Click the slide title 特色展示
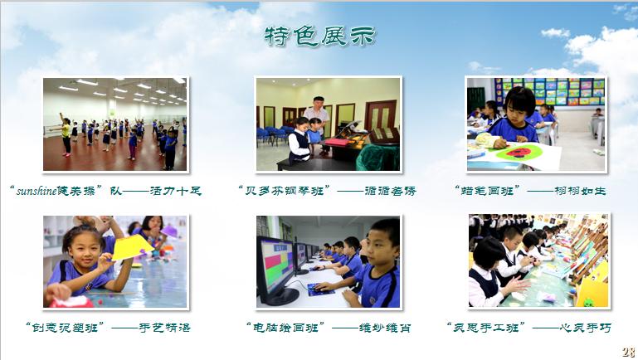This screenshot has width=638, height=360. (319, 36)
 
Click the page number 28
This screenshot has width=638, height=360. (628, 352)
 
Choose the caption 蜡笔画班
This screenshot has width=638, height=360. (488, 191)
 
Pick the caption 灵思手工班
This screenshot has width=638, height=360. (485, 328)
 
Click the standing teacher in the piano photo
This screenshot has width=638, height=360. (315, 116)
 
